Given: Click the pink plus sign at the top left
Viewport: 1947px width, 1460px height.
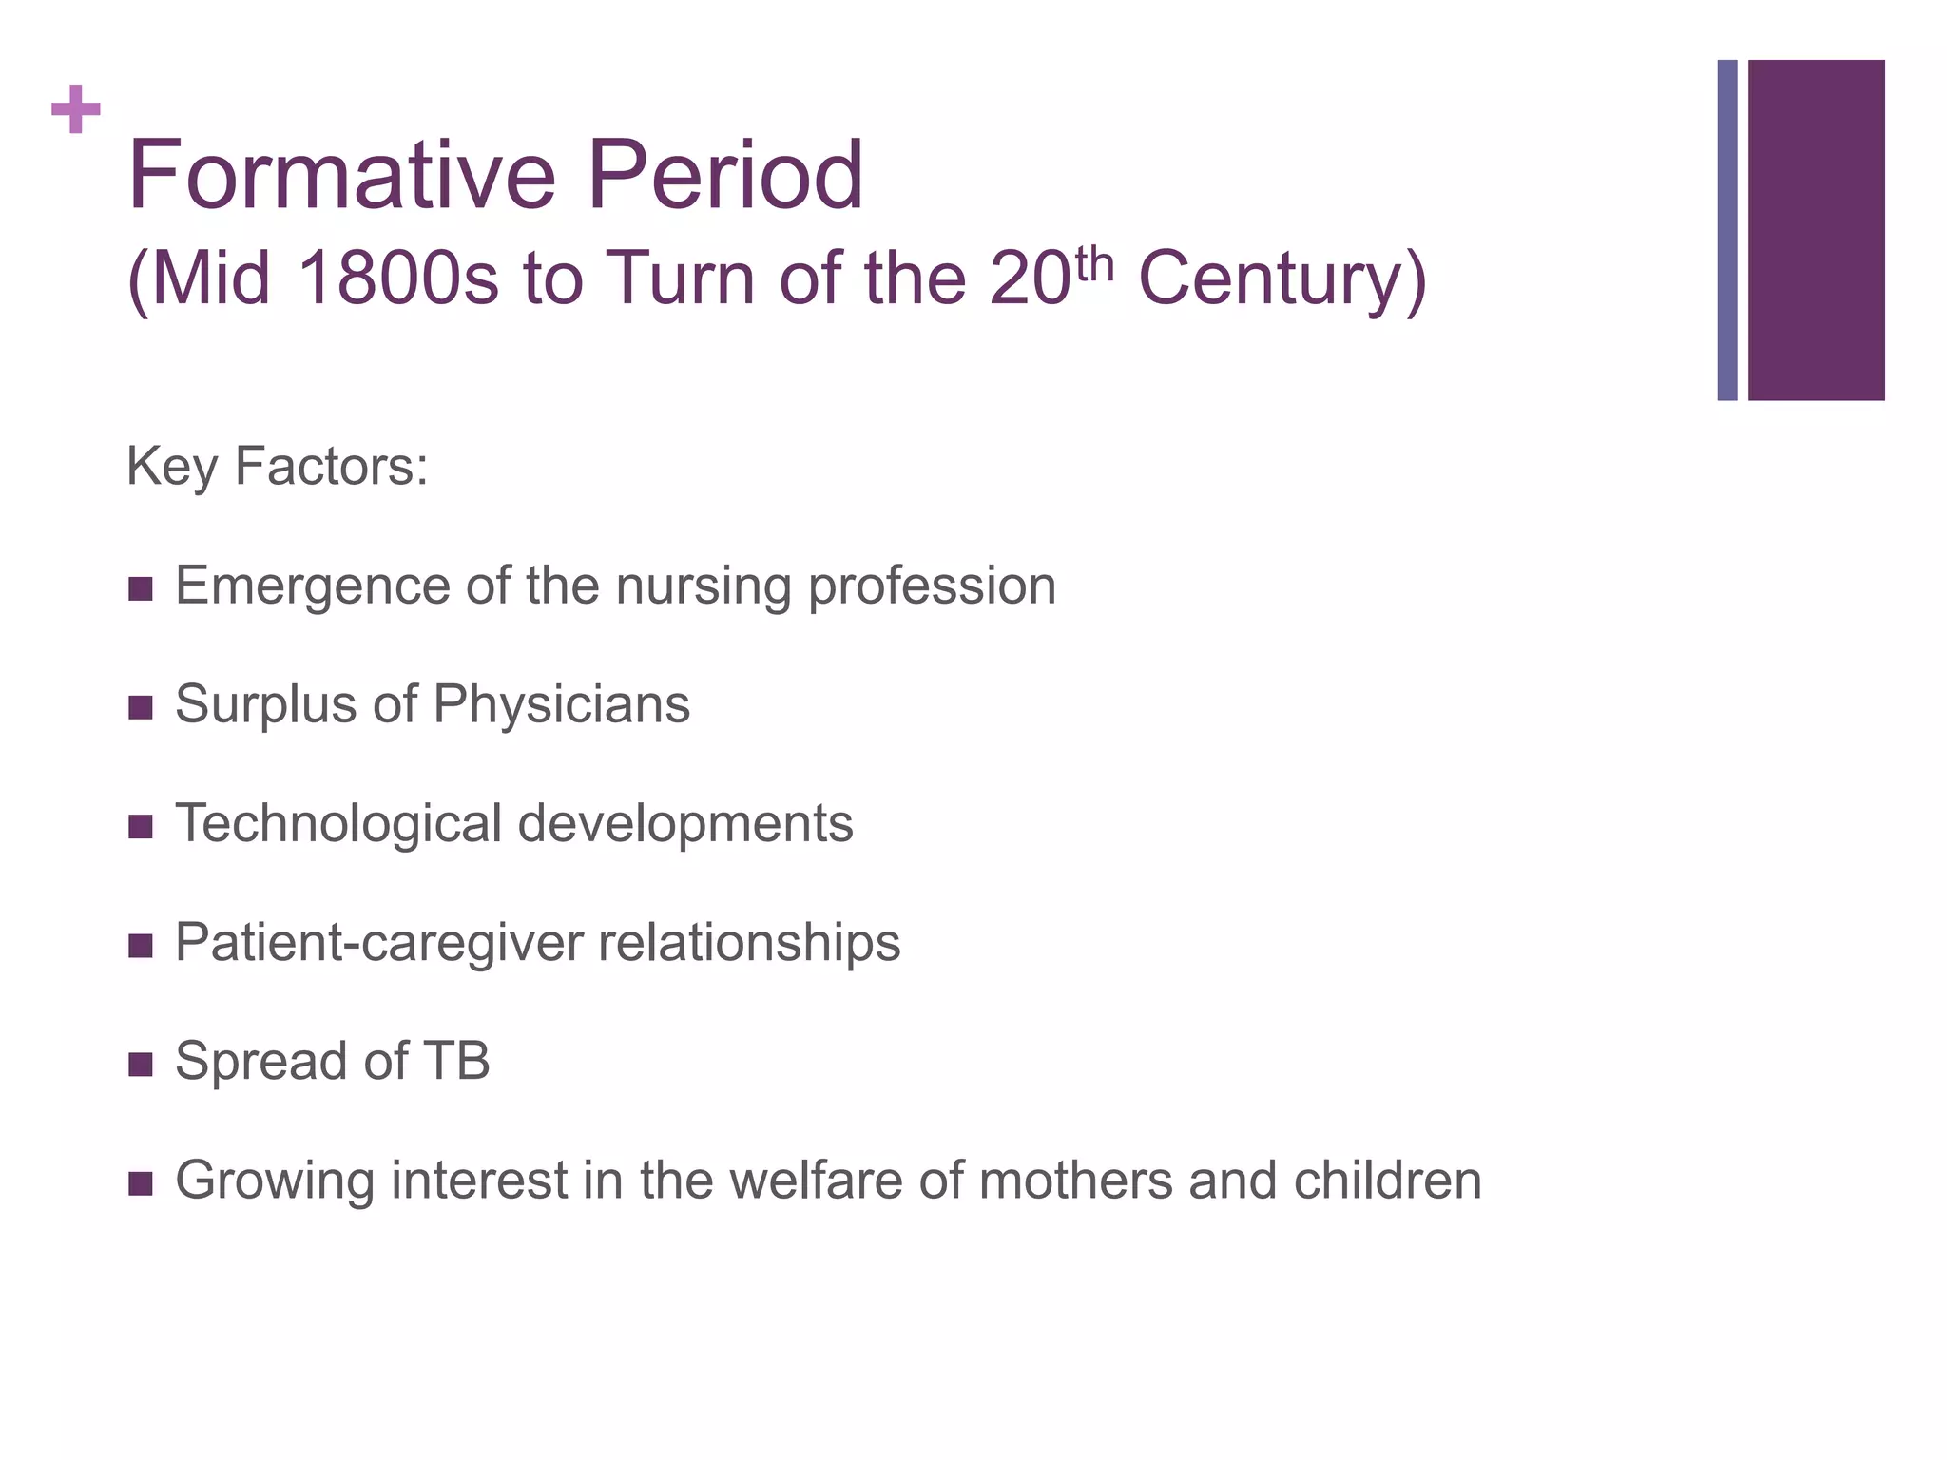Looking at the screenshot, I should click(x=76, y=110).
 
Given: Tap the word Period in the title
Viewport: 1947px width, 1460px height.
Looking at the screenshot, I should click(x=724, y=176).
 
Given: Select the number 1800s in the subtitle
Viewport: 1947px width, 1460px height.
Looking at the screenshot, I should click(x=396, y=279).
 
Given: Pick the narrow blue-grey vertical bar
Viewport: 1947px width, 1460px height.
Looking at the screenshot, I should click(x=1726, y=230).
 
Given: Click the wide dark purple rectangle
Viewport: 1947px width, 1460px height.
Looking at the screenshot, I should click(x=1816, y=230).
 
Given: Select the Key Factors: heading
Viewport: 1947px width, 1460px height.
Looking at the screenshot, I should click(x=277, y=467).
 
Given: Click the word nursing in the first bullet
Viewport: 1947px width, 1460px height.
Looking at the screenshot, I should click(x=703, y=586).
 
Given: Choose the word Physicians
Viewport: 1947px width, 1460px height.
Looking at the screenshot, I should click(x=561, y=704).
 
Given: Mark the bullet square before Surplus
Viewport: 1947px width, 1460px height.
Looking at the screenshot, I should click(x=140, y=708).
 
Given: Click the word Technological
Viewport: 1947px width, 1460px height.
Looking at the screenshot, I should click(x=337, y=823).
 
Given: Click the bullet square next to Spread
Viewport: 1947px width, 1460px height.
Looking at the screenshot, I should click(x=140, y=1065).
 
